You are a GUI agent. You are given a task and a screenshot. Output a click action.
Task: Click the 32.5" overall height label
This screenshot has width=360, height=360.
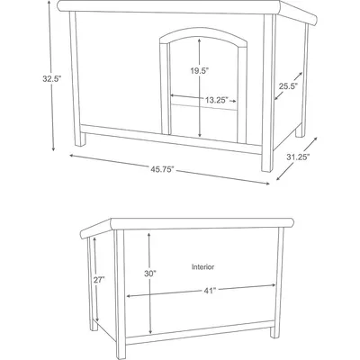51,79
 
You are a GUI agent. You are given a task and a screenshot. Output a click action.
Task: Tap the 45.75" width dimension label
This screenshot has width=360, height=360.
162,169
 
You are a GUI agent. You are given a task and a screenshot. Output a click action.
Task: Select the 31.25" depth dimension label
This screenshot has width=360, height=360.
298,157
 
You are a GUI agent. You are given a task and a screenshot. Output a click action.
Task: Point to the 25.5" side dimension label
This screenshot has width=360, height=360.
288,86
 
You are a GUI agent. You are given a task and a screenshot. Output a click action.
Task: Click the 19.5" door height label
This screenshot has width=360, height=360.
199,71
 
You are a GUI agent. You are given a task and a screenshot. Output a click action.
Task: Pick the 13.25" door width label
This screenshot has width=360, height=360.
217,100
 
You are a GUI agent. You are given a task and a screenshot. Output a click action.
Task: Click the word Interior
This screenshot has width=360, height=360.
203,266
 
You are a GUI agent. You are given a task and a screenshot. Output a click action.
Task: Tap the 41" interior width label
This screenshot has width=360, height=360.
211,291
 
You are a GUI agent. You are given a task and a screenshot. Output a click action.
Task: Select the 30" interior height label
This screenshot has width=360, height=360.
150,274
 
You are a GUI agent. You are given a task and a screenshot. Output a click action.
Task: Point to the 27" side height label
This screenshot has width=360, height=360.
99,280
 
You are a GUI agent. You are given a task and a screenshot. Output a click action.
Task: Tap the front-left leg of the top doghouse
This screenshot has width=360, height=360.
78,78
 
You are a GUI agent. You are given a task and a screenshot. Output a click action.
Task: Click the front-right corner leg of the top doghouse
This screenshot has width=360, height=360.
268,93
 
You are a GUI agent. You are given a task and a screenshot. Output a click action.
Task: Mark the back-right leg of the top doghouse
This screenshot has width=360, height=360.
303,81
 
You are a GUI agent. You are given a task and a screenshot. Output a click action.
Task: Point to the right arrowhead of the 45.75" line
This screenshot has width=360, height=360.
266,184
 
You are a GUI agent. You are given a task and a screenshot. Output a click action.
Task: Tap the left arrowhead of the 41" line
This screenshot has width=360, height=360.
130,296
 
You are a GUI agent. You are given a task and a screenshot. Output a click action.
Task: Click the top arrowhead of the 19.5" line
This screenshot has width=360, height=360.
200,40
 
